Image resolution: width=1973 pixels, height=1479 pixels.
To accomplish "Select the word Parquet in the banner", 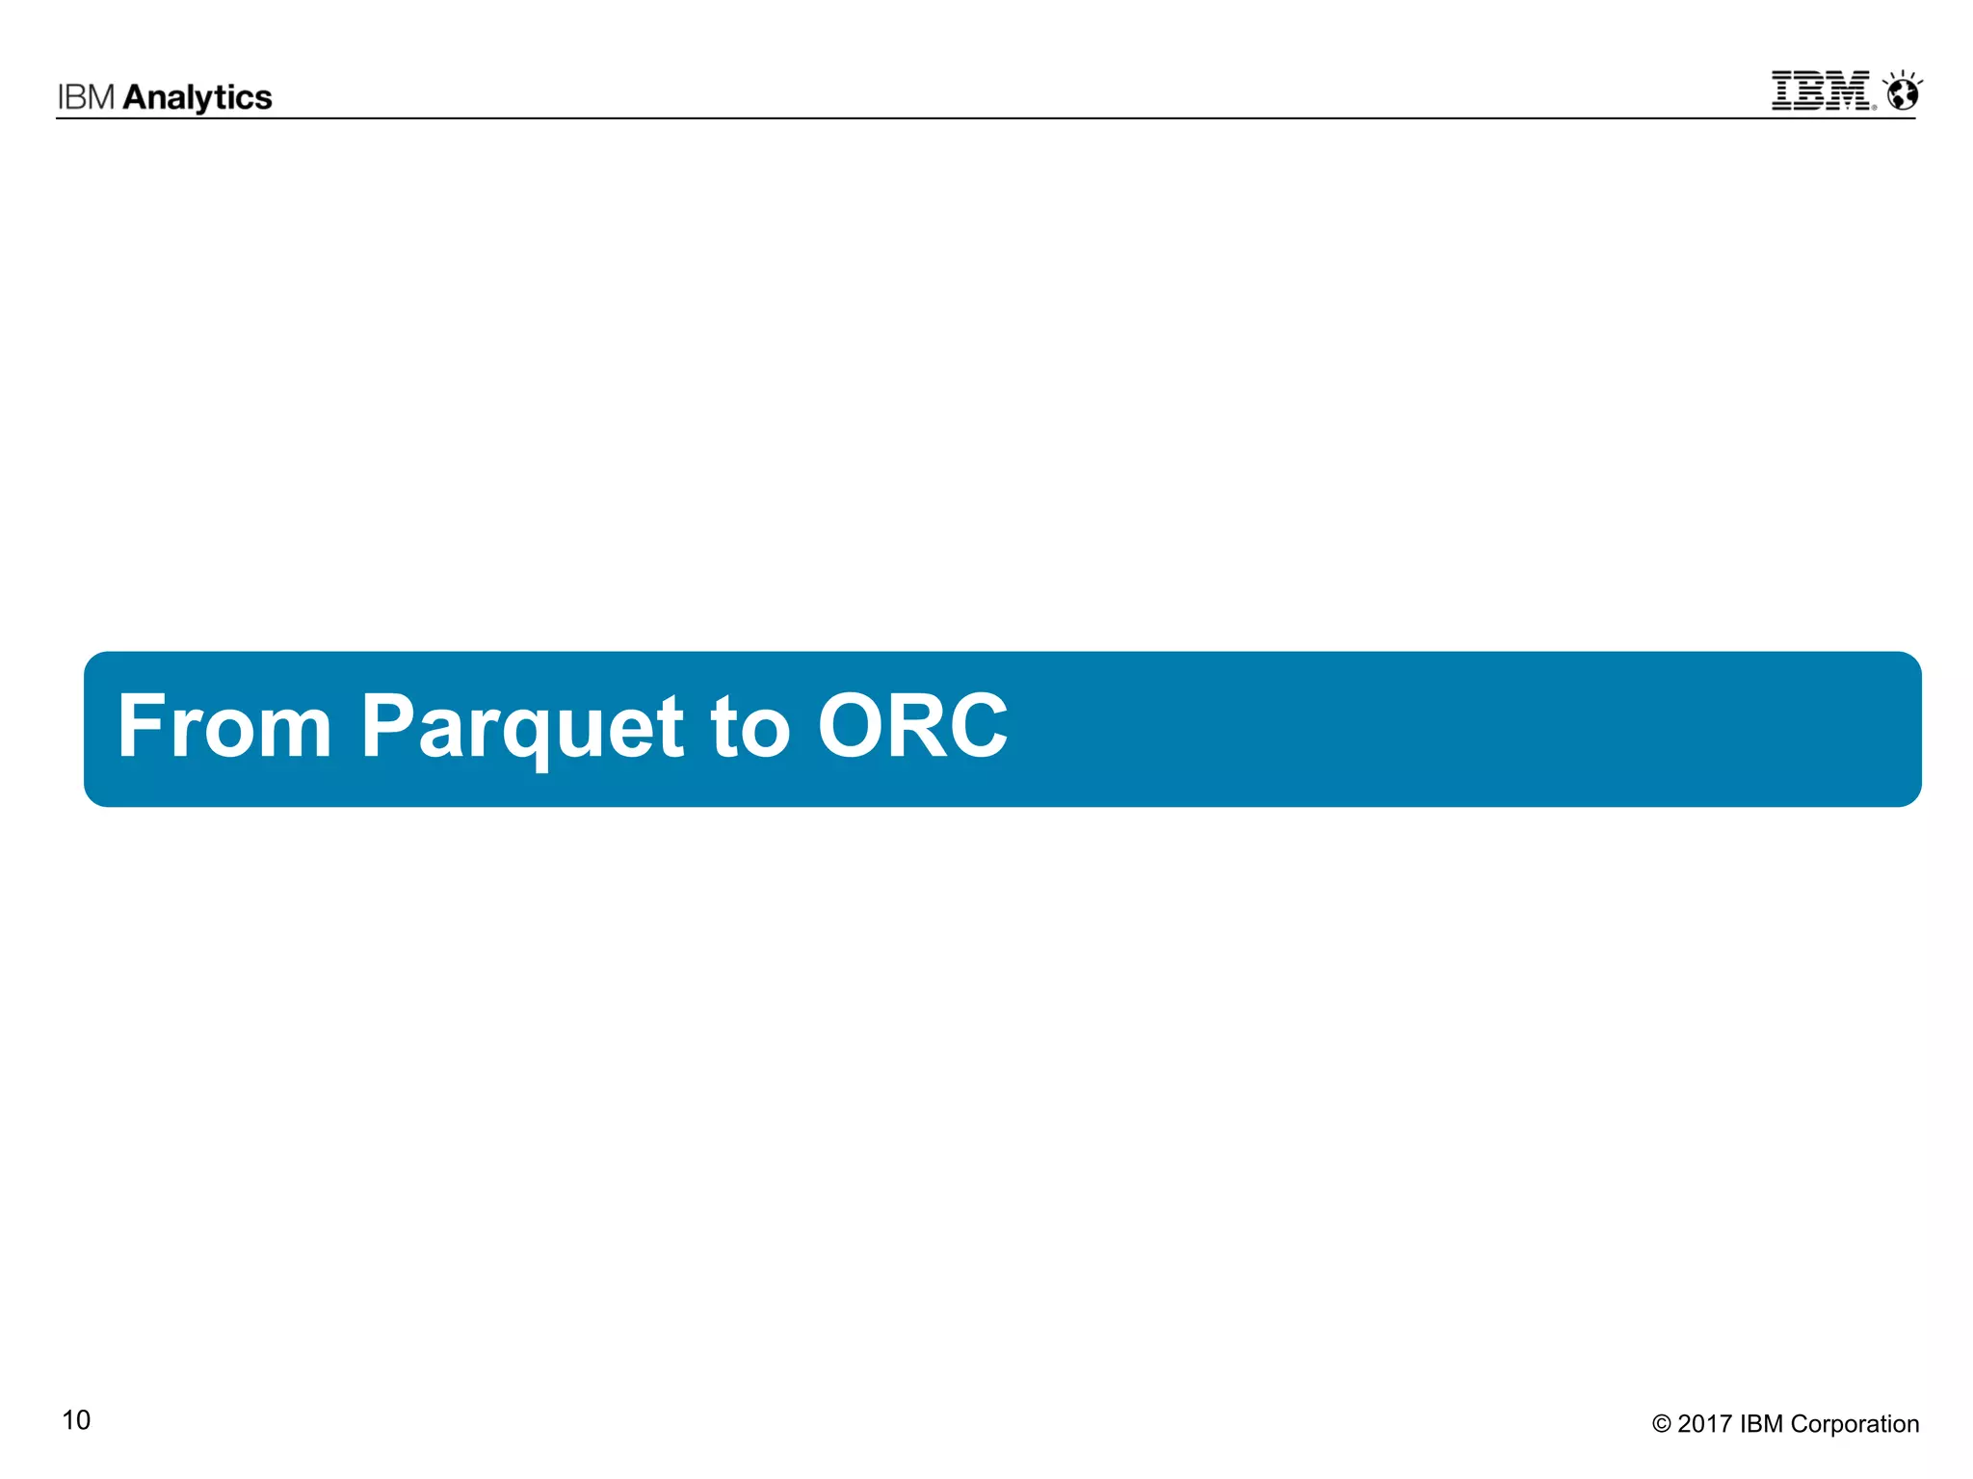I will (x=521, y=728).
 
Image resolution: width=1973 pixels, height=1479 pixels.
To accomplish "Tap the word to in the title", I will (x=750, y=728).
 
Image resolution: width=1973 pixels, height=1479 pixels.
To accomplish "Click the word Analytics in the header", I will (x=197, y=97).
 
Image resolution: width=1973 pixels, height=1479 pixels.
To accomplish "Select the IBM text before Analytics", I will (x=87, y=97).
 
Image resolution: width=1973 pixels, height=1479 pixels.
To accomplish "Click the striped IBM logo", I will (x=1821, y=91).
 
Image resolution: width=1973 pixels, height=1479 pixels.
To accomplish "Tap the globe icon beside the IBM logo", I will (x=1904, y=93).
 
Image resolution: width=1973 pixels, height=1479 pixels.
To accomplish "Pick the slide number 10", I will (x=76, y=1420).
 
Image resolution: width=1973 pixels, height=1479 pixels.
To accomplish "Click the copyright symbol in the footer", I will (x=1661, y=1424).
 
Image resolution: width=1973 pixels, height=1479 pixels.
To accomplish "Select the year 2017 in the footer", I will (x=1705, y=1424).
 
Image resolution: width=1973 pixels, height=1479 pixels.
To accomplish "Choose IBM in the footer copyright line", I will (x=1761, y=1424).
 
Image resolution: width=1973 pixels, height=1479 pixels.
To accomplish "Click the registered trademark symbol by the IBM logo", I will (x=1874, y=107).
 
